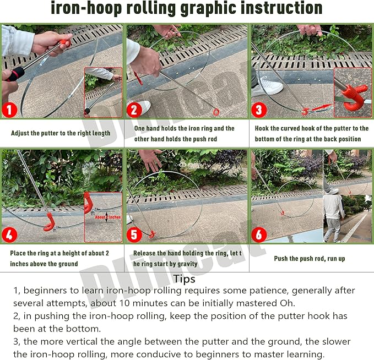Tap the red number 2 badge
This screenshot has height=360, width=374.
coord(134,109)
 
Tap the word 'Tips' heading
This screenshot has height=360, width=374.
coord(184,279)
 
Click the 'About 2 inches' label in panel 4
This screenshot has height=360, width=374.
coord(107,217)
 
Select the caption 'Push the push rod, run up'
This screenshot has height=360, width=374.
coord(310,258)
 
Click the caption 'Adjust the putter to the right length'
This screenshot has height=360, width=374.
coord(61,133)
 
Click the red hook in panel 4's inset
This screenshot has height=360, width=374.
coord(89,205)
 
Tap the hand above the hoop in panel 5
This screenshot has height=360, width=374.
coord(150,160)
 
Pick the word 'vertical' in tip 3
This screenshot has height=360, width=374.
coord(78,341)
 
